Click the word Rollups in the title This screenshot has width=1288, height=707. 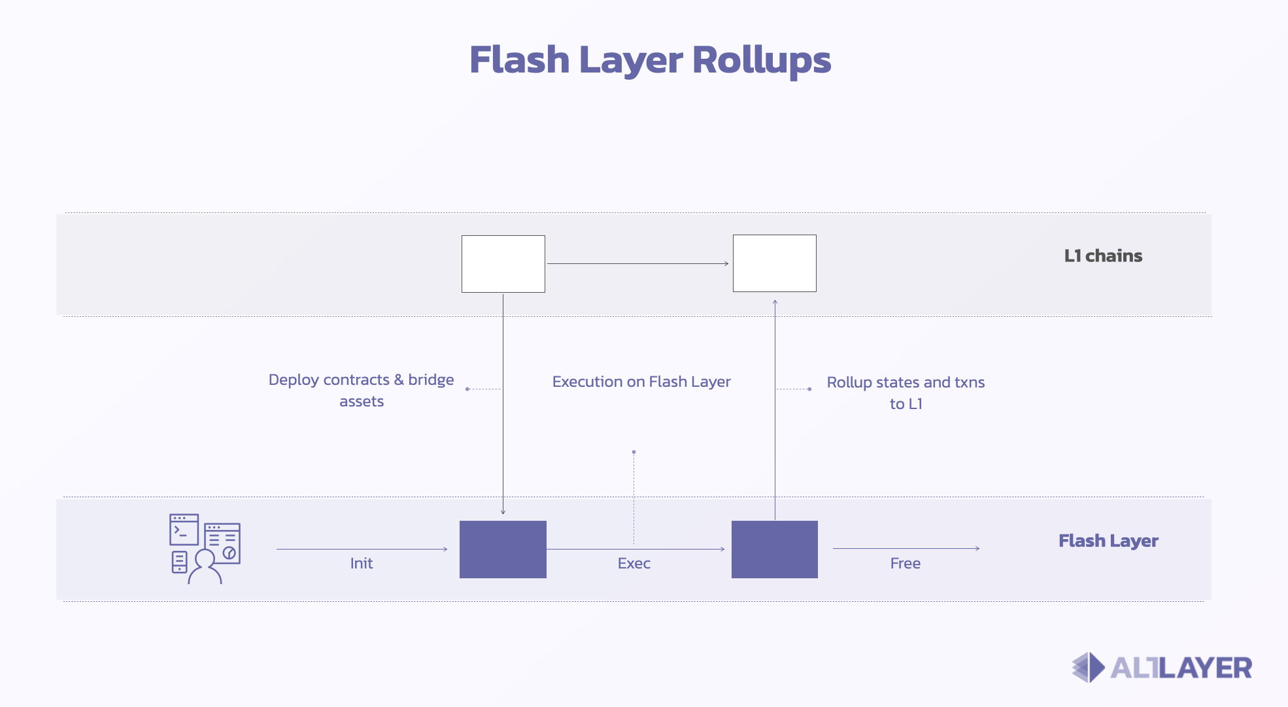click(761, 60)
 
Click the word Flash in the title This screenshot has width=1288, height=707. click(519, 60)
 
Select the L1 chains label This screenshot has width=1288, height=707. click(1103, 255)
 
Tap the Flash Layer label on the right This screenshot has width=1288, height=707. click(1108, 541)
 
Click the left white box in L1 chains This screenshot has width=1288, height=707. click(503, 263)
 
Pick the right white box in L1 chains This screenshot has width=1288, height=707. click(774, 263)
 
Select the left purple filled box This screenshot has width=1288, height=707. click(503, 549)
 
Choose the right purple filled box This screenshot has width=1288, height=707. click(774, 549)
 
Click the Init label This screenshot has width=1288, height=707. click(361, 563)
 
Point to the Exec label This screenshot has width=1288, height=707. click(634, 563)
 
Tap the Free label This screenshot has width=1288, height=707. click(905, 563)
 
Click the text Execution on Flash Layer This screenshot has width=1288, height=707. click(641, 382)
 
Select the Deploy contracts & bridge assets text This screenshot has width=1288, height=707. click(361, 390)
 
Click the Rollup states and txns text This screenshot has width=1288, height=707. click(906, 382)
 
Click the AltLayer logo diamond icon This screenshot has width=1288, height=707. click(1088, 667)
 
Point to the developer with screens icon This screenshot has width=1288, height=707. click(205, 548)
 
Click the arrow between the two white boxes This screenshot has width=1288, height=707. click(637, 263)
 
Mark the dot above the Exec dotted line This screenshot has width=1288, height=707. click(634, 452)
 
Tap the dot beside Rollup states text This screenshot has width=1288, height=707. click(809, 389)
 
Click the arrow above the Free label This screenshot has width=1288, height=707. click(906, 548)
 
